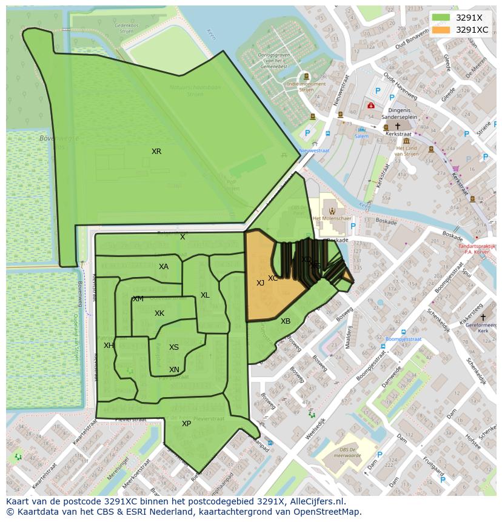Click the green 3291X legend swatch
441,18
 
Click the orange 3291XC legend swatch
441,30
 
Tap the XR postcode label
156,152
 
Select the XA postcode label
164,267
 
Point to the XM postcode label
138,299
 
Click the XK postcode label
159,313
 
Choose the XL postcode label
205,295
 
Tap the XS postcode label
174,347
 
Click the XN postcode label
174,370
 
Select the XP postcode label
186,424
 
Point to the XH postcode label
109,346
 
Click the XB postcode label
286,321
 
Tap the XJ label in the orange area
260,283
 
